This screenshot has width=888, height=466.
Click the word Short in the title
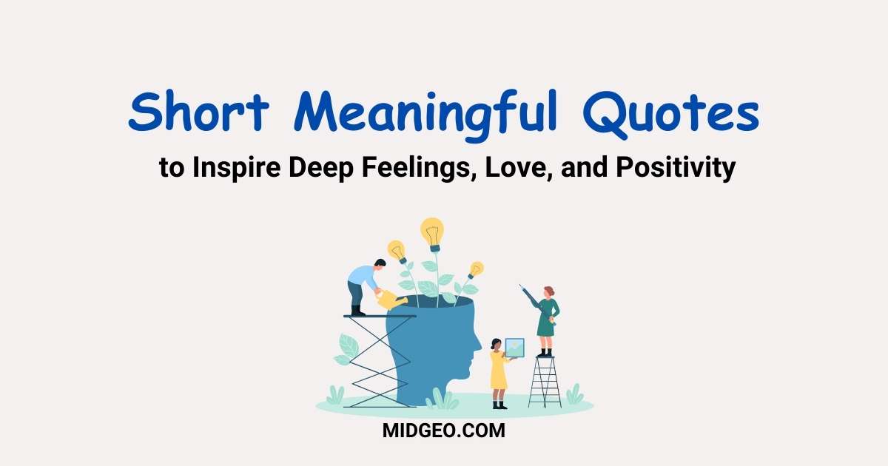[x=198, y=111]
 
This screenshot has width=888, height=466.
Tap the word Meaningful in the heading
[x=425, y=115]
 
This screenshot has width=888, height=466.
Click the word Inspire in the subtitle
[x=237, y=168]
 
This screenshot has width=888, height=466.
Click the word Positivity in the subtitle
[x=676, y=168]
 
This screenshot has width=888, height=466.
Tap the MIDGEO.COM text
[x=443, y=430]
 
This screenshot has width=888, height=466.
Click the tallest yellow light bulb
[x=432, y=234]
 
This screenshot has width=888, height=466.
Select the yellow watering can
[x=391, y=300]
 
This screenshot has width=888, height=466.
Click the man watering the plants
[x=366, y=287]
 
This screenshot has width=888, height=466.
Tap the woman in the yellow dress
[x=499, y=374]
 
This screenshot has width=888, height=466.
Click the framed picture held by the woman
[x=514, y=348]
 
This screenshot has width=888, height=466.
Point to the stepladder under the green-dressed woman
[x=545, y=382]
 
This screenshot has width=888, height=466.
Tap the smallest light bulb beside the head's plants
[x=476, y=270]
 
